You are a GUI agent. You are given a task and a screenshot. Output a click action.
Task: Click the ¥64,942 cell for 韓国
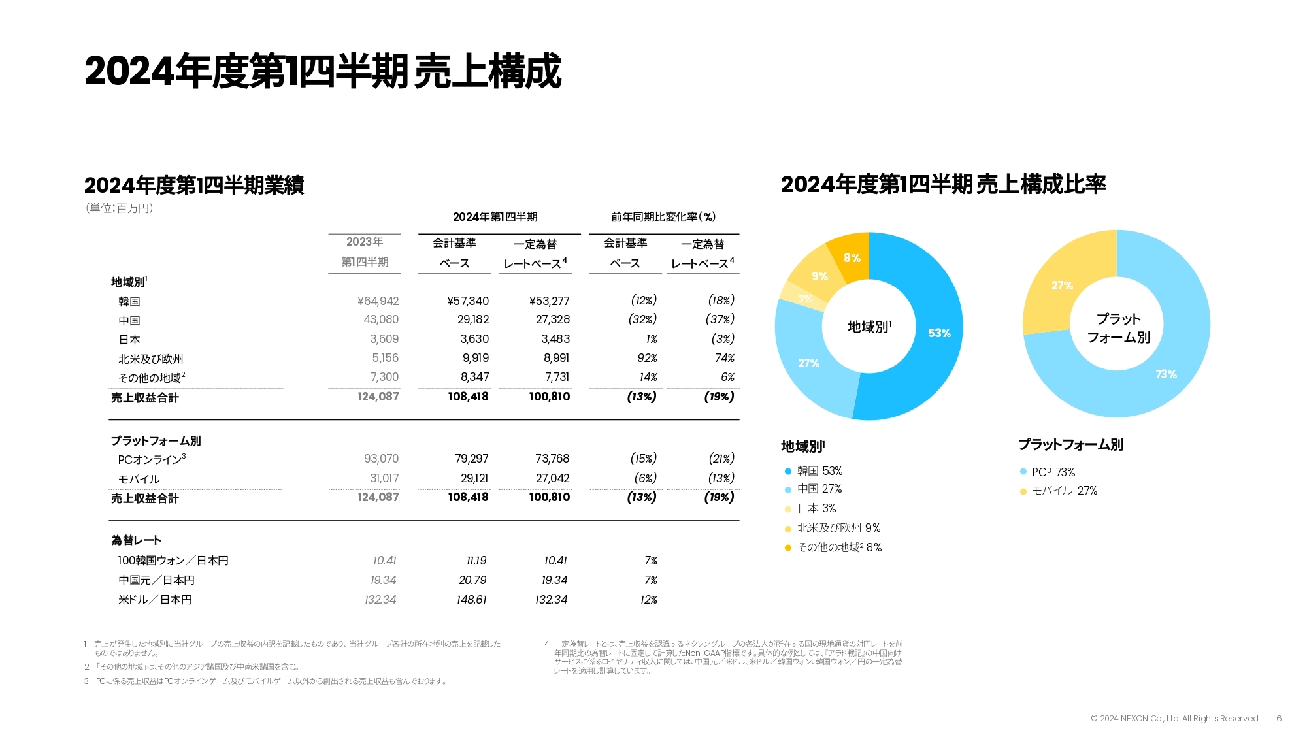(378, 301)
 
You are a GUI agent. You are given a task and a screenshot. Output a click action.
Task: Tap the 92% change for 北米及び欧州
(647, 358)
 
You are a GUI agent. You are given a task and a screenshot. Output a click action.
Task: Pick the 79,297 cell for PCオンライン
(472, 459)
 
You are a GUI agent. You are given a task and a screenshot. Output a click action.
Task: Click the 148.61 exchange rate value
(472, 600)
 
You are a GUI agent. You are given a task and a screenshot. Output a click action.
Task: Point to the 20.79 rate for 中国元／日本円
(472, 580)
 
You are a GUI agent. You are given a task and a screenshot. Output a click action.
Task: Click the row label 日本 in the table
(129, 340)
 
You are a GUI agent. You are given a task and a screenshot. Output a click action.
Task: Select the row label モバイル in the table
(139, 479)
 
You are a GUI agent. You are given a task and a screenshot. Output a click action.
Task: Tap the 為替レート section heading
(136, 540)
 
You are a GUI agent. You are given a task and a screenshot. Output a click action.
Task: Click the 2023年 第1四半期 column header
(365, 252)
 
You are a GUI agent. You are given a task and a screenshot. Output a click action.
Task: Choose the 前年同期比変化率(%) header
(663, 217)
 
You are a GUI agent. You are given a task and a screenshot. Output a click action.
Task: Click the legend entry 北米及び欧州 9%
(838, 528)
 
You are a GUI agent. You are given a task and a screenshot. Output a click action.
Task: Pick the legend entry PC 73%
(1053, 472)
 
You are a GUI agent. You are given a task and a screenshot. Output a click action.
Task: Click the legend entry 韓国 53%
(819, 471)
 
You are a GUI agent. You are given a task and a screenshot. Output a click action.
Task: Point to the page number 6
(1279, 719)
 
